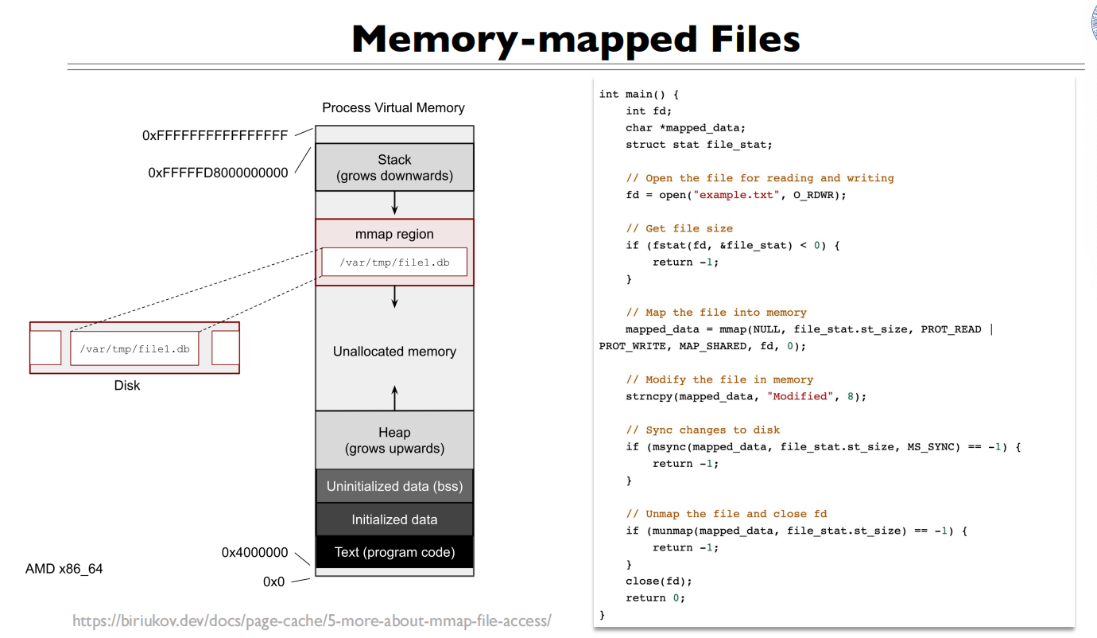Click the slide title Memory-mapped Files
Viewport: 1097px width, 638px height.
pyautogui.click(x=575, y=38)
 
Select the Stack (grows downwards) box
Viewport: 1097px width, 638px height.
pyautogui.click(x=394, y=168)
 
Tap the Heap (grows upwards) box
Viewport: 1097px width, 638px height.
pyautogui.click(x=394, y=441)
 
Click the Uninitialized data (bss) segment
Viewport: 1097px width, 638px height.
pyautogui.click(x=394, y=486)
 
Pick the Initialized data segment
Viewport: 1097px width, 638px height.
pyautogui.click(x=394, y=519)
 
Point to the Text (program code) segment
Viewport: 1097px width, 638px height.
pyautogui.click(x=394, y=552)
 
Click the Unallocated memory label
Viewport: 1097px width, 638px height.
pyautogui.click(x=394, y=352)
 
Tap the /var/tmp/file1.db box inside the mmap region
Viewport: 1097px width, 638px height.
pyautogui.click(x=394, y=262)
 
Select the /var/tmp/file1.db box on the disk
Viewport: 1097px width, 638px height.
pyautogui.click(x=134, y=348)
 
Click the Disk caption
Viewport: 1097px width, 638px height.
pyautogui.click(x=127, y=386)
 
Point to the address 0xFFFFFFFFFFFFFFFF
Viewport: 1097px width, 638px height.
pyautogui.click(x=215, y=136)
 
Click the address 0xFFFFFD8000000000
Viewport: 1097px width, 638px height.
pyautogui.click(x=218, y=173)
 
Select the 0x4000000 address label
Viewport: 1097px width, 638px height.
pyautogui.click(x=254, y=552)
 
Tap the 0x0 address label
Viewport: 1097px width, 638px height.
pyautogui.click(x=273, y=582)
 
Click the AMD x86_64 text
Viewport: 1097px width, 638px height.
pyautogui.click(x=64, y=569)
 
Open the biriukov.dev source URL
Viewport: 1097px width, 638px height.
pyautogui.click(x=312, y=620)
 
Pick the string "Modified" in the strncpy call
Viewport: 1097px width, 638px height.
pyautogui.click(x=794, y=396)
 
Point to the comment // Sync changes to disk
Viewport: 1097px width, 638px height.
pyautogui.click(x=703, y=430)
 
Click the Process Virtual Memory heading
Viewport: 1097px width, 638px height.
pyautogui.click(x=393, y=108)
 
